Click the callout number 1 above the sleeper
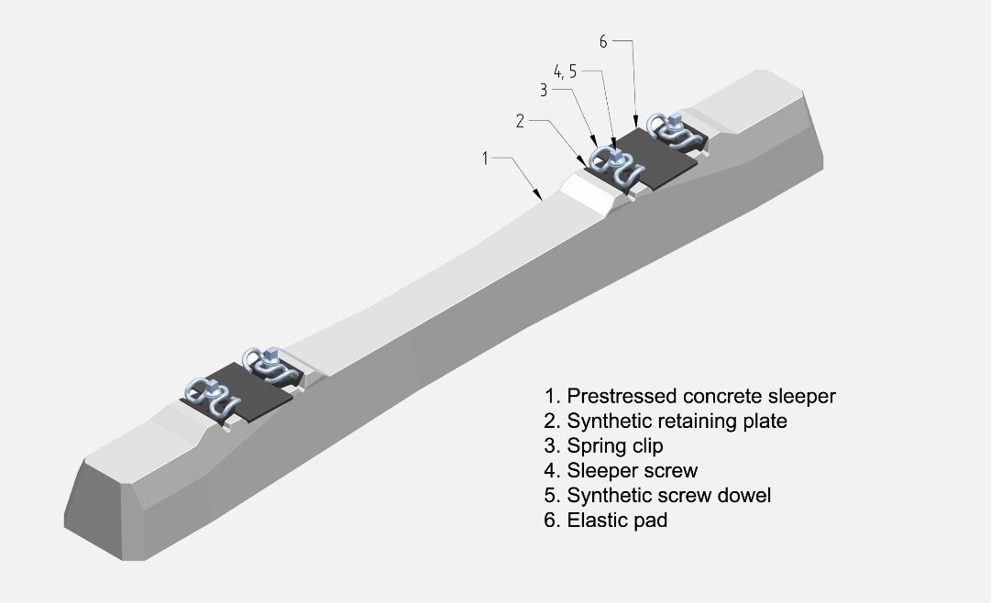tap(485, 159)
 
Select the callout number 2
tap(520, 121)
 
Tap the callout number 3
tap(544, 90)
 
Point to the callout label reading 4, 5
tap(566, 71)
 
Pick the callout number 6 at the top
tap(603, 41)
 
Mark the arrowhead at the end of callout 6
tap(634, 124)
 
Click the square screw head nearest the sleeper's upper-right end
tap(674, 118)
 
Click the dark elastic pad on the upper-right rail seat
tap(653, 157)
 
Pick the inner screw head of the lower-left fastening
tap(271, 354)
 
